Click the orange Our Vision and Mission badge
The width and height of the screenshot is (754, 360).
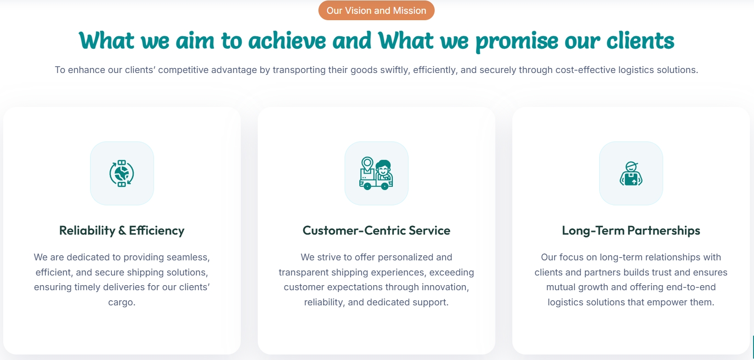point(376,11)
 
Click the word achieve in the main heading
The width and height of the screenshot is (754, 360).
point(287,41)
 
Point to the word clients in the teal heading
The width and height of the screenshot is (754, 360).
point(640,41)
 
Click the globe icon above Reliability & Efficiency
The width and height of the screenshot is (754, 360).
point(122,173)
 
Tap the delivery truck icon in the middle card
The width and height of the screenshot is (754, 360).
point(376,173)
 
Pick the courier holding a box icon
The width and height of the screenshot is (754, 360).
point(631,174)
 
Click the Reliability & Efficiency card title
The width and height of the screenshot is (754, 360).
point(122,231)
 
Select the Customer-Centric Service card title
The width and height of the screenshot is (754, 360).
point(376,231)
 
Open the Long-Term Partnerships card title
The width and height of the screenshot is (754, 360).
point(631,231)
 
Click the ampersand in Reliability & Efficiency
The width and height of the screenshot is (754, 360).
point(122,231)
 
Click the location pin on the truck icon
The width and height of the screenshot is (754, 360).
point(367,164)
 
